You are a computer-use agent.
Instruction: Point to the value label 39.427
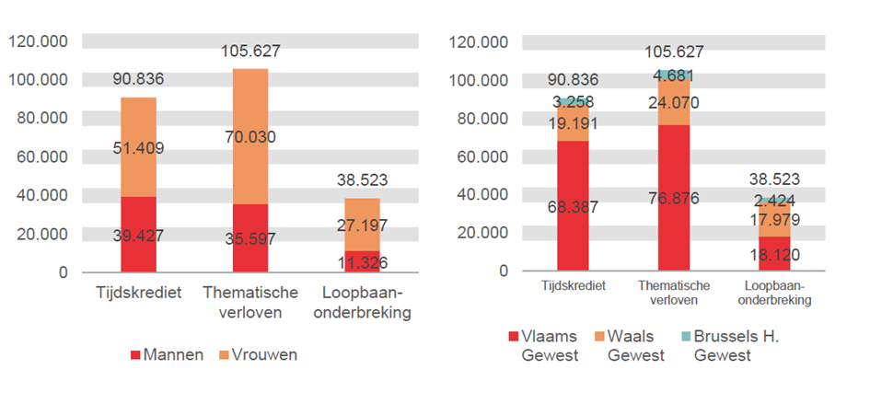[138, 236]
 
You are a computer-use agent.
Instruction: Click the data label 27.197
[362, 225]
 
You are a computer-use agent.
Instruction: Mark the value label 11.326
[362, 263]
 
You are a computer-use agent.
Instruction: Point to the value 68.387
[573, 207]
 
